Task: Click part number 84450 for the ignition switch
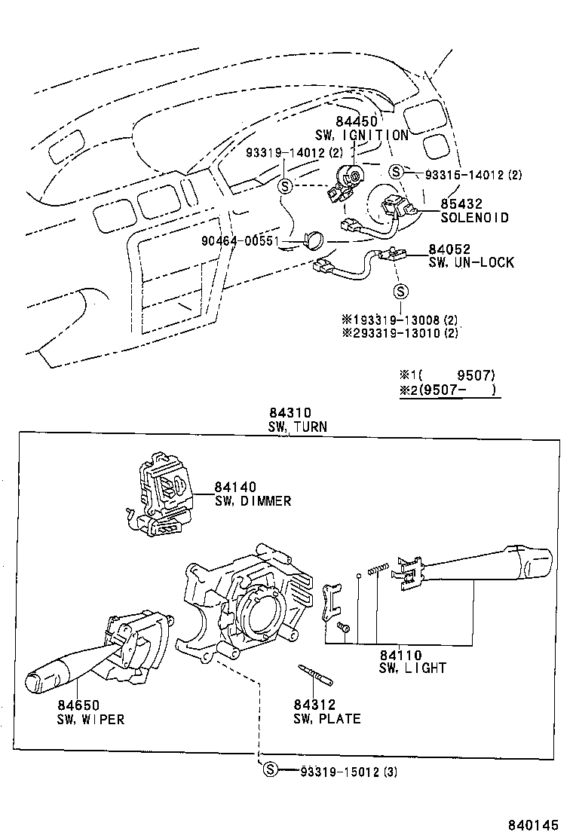click(356, 122)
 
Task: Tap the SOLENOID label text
click(475, 218)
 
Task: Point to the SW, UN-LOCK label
click(471, 262)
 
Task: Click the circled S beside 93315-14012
click(396, 173)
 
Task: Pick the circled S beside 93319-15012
click(270, 769)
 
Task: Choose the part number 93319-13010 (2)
click(400, 333)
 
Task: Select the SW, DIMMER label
click(253, 500)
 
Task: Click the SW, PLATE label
click(326, 718)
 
